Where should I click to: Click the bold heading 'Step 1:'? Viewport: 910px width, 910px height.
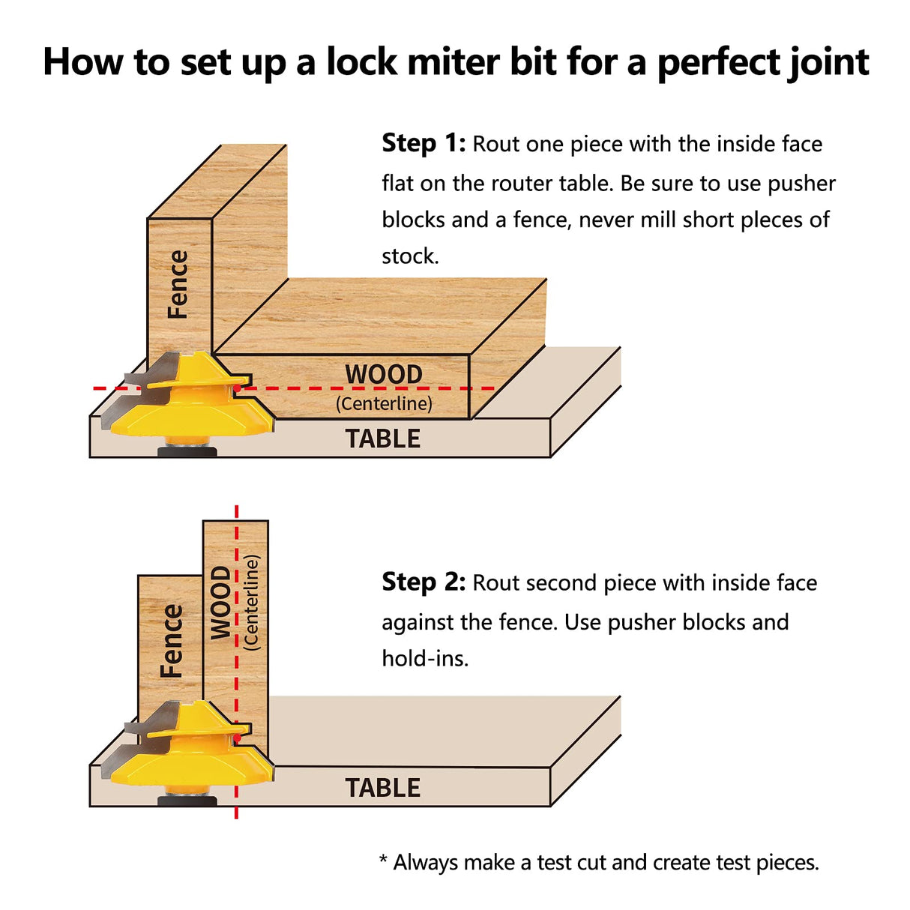coord(424,143)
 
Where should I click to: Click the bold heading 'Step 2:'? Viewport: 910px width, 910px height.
coord(424,582)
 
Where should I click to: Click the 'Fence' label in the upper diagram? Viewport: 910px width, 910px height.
coord(178,285)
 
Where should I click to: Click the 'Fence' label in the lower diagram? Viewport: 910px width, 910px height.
coord(172,641)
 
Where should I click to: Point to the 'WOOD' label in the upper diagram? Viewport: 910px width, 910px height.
coord(384,374)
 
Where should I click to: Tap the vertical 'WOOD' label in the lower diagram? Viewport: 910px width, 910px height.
coord(220,603)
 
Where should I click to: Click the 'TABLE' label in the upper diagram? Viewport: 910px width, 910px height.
coord(383,439)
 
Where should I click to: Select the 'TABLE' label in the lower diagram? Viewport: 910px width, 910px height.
coord(383,789)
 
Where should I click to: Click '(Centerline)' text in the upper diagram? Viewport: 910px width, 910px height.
coord(384,404)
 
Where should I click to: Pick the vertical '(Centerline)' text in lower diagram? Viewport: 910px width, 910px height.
coord(251,603)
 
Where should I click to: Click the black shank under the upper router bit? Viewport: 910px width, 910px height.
coord(187,451)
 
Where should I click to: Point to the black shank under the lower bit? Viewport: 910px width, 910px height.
coord(187,800)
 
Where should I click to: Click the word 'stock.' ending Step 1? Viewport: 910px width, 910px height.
coord(410,256)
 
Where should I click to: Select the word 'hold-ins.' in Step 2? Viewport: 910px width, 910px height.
coord(424,659)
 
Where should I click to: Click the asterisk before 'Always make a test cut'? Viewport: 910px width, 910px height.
coord(383,860)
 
